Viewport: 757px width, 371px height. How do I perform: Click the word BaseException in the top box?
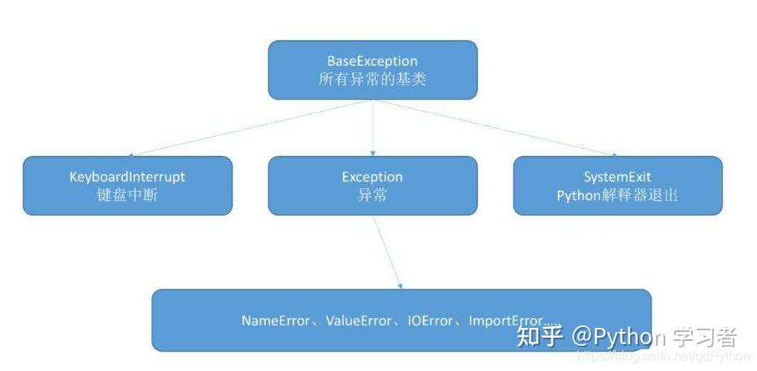pos(372,61)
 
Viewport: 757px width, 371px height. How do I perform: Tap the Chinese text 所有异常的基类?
pos(372,80)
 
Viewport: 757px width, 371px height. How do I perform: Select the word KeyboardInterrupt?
pos(127,177)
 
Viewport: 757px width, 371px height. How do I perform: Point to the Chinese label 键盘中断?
pos(127,195)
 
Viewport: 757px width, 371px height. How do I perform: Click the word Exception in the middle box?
pos(372,177)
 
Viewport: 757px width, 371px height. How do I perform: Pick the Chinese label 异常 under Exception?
pos(372,195)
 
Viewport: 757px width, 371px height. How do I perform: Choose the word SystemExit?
pos(617,177)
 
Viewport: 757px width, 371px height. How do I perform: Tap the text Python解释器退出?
pos(617,195)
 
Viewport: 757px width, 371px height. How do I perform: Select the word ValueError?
pos(359,321)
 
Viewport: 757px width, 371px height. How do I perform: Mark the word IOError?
pos(430,321)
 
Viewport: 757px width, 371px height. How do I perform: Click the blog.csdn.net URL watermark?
pos(663,356)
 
